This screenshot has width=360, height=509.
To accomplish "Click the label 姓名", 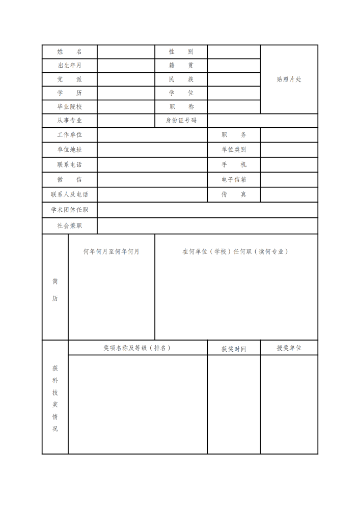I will pyautogui.click(x=69, y=52).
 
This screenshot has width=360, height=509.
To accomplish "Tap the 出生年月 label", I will pyautogui.click(x=69, y=66).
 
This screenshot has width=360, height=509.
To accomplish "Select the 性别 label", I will pyautogui.click(x=181, y=52).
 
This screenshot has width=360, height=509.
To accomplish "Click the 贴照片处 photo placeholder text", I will pyautogui.click(x=289, y=79).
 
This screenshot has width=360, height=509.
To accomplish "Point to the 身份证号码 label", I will pyautogui.click(x=181, y=121).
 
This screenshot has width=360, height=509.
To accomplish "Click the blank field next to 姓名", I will pyautogui.click(x=126, y=52).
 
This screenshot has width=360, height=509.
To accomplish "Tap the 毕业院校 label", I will pyautogui.click(x=69, y=107).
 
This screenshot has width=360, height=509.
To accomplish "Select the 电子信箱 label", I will pyautogui.click(x=234, y=180).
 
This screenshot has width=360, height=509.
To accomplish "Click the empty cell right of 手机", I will pyautogui.click(x=289, y=165).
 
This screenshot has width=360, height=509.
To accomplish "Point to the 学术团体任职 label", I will pyautogui.click(x=69, y=210).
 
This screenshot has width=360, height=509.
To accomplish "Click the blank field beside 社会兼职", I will pyautogui.click(x=207, y=225).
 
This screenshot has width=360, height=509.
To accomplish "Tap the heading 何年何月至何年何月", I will pyautogui.click(x=111, y=251).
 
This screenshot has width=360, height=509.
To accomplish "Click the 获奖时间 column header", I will pyautogui.click(x=234, y=349).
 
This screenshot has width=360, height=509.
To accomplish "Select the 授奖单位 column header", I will pyautogui.click(x=289, y=348).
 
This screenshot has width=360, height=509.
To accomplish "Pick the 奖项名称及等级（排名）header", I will pyautogui.click(x=137, y=348).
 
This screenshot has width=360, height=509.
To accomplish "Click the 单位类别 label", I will pyautogui.click(x=234, y=150).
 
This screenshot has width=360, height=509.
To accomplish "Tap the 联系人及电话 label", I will pyautogui.click(x=69, y=194).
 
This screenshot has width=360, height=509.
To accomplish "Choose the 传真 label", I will pyautogui.click(x=234, y=194).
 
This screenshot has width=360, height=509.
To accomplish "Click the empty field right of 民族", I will pyautogui.click(x=234, y=79).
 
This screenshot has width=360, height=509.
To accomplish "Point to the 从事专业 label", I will pyautogui.click(x=69, y=121).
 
